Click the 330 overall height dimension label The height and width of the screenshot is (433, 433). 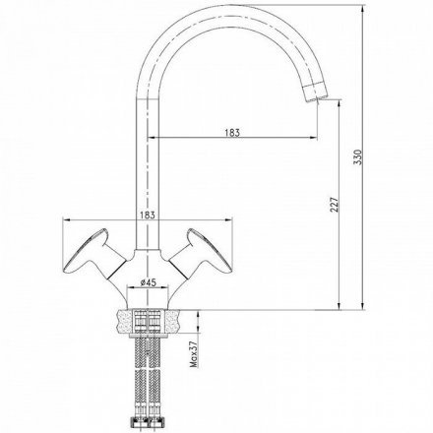[x=358, y=156]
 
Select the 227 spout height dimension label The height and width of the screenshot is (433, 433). [x=334, y=205]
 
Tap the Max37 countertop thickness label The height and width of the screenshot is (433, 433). [x=194, y=353]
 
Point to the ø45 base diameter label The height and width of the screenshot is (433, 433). [x=148, y=282]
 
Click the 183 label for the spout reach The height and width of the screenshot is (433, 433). [x=232, y=133]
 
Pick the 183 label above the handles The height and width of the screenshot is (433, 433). [x=147, y=215]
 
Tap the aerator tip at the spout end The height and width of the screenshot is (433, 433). [x=315, y=92]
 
